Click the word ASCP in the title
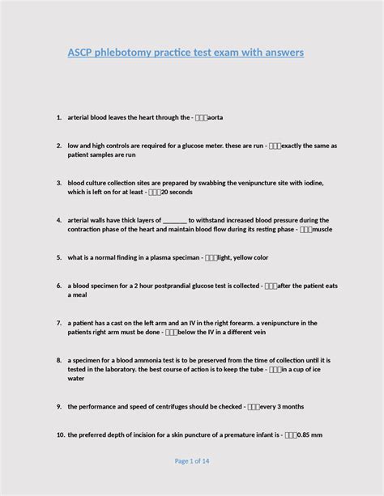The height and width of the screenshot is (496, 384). click(x=81, y=53)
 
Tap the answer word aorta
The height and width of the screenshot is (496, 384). click(x=215, y=118)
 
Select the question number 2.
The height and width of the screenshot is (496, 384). click(x=60, y=146)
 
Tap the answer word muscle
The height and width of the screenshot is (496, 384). click(x=322, y=229)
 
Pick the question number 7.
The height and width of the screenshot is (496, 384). click(x=60, y=323)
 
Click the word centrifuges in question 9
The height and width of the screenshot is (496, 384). click(x=184, y=406)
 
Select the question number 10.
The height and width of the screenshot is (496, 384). click(x=60, y=435)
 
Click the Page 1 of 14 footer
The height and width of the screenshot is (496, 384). click(x=192, y=461)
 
